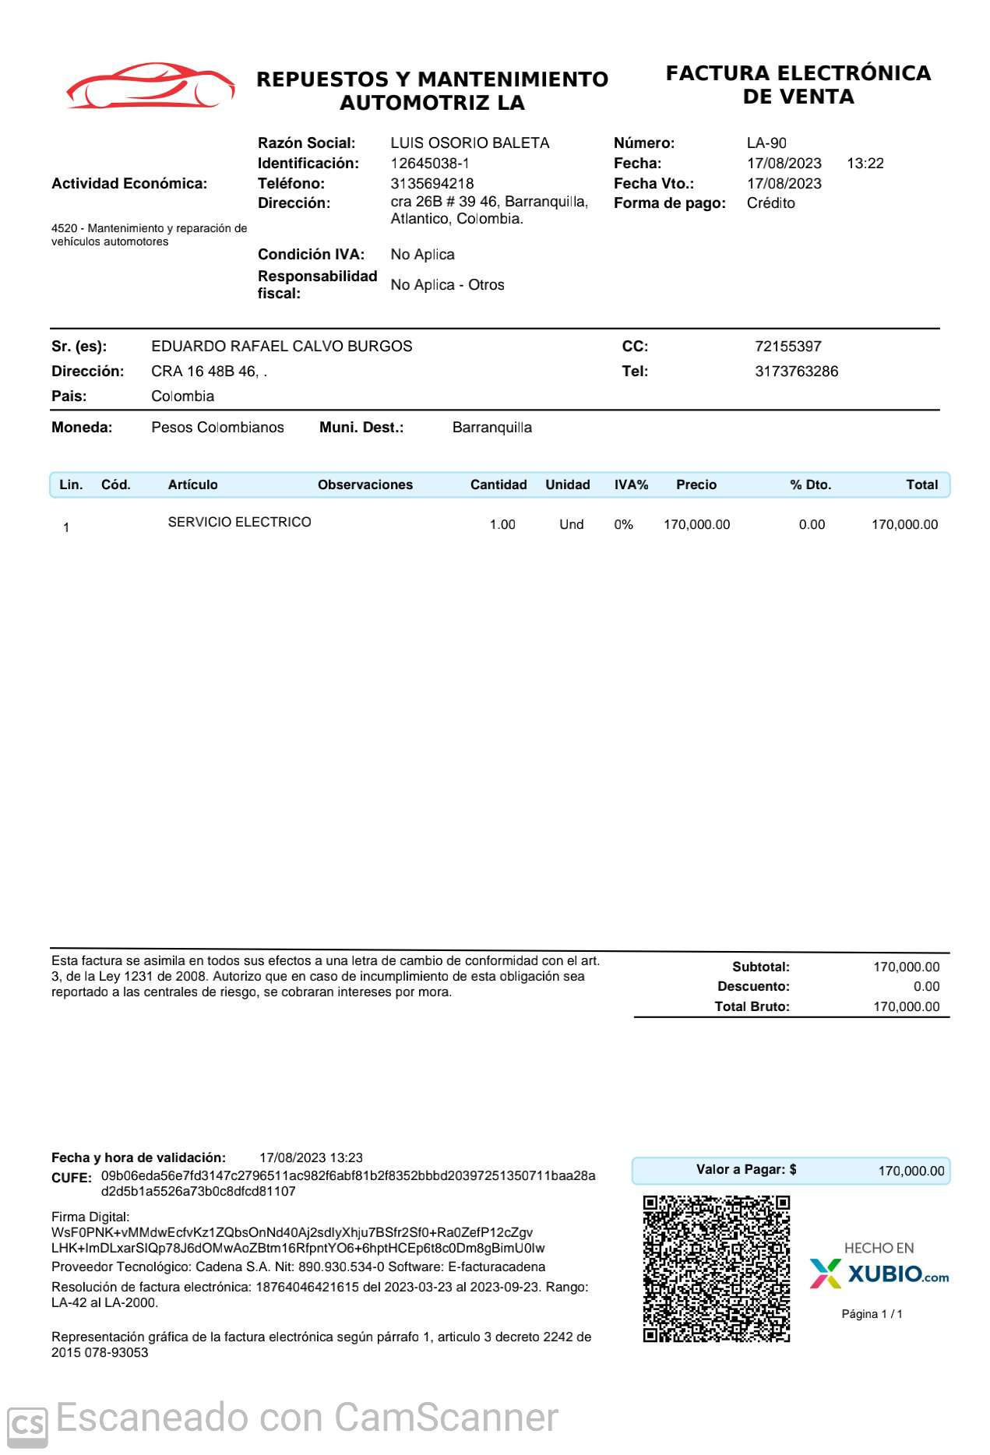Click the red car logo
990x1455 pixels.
click(x=150, y=86)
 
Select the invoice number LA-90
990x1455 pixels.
click(x=766, y=143)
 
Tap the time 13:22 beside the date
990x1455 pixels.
click(x=865, y=164)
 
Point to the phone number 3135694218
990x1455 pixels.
click(x=432, y=184)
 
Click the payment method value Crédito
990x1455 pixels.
click(x=770, y=203)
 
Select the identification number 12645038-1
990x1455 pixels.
click(x=429, y=164)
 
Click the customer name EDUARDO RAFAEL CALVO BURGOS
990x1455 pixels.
click(x=281, y=347)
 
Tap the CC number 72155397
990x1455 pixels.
click(x=787, y=347)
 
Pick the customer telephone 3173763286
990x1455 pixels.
click(x=796, y=372)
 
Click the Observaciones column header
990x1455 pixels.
click(x=365, y=484)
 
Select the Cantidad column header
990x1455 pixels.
click(x=498, y=484)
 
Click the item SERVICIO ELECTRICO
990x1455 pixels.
click(x=239, y=522)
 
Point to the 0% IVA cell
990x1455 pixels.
click(x=623, y=525)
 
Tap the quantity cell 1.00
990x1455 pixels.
click(x=502, y=525)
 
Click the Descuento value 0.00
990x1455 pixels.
click(x=926, y=987)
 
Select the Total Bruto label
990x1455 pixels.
click(x=752, y=1007)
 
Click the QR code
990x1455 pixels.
click(x=716, y=1269)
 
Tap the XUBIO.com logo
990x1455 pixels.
click(x=879, y=1274)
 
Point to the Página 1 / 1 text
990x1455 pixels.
click(x=872, y=1314)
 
